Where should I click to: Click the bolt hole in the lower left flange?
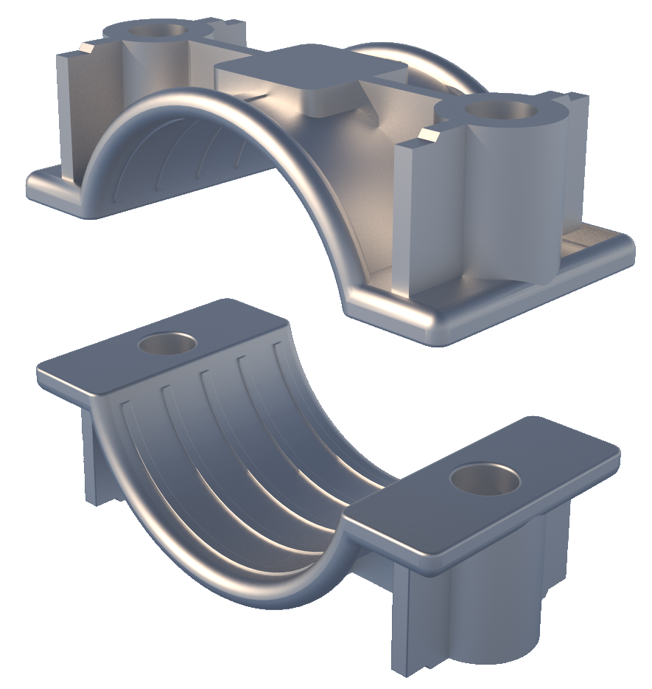[x=168, y=343]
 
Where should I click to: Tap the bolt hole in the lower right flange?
[x=485, y=480]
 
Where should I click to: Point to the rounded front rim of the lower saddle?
[x=221, y=568]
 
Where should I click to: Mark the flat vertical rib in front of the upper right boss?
[x=413, y=214]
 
